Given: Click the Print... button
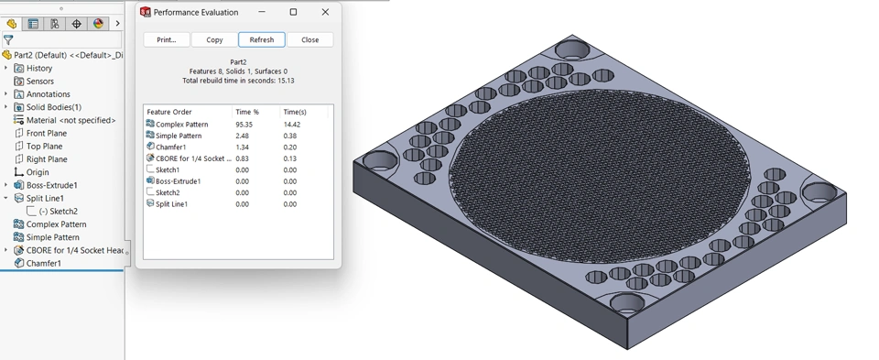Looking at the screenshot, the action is point(167,39).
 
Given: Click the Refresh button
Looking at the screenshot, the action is point(262,39).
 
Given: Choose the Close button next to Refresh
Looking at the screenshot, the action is point(310,39).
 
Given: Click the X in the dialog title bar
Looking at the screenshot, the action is point(325,12).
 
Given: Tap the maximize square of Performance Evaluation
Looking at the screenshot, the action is point(293,12).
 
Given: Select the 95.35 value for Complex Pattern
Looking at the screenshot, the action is point(244,125).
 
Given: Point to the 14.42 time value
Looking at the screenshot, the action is point(291,125).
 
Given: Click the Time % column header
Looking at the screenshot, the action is point(247,112).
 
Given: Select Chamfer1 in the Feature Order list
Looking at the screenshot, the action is point(170,147).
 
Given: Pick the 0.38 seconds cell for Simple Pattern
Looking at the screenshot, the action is point(290,136).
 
